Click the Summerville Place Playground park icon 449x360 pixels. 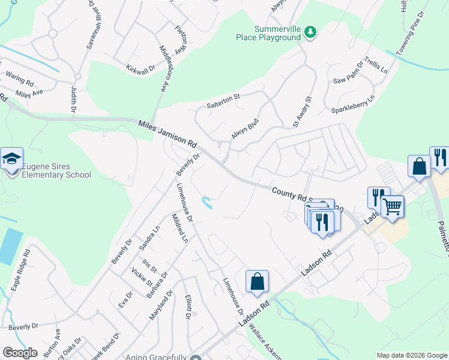[310, 32]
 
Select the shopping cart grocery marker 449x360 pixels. [392, 207]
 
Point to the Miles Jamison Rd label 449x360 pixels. [167, 134]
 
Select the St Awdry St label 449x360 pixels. [303, 112]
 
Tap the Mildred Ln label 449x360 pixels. [180, 229]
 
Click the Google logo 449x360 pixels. [19, 353]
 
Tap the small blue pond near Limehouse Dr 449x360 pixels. [207, 204]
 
